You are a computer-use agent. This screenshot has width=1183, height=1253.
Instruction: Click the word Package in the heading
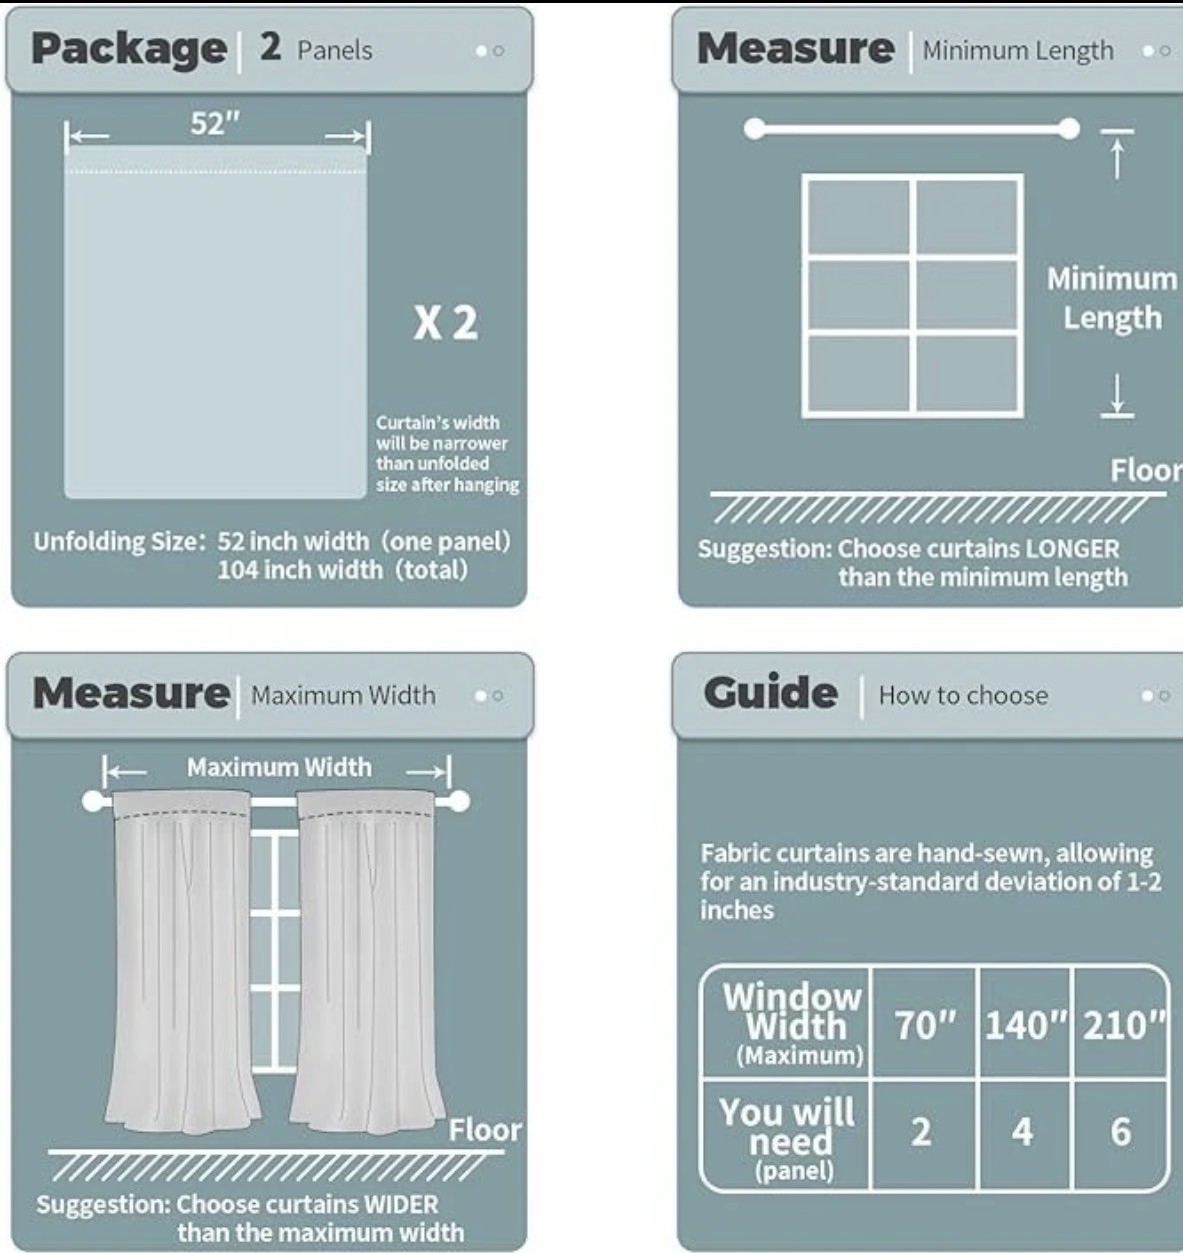[x=129, y=49]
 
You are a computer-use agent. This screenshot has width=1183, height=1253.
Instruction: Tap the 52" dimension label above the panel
[x=216, y=123]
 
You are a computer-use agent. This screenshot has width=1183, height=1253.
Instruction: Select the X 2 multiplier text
[x=446, y=323]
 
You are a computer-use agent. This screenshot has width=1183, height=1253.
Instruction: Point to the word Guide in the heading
[x=771, y=693]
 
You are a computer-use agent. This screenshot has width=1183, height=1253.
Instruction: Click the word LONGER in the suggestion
[x=1072, y=549]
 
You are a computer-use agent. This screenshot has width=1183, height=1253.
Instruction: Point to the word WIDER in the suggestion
[x=401, y=1204]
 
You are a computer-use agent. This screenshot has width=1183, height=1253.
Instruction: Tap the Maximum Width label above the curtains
[x=279, y=767]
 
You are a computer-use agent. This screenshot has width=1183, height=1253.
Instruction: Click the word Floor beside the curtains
[x=485, y=1130]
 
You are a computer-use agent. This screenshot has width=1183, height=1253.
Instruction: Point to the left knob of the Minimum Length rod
[x=754, y=129]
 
